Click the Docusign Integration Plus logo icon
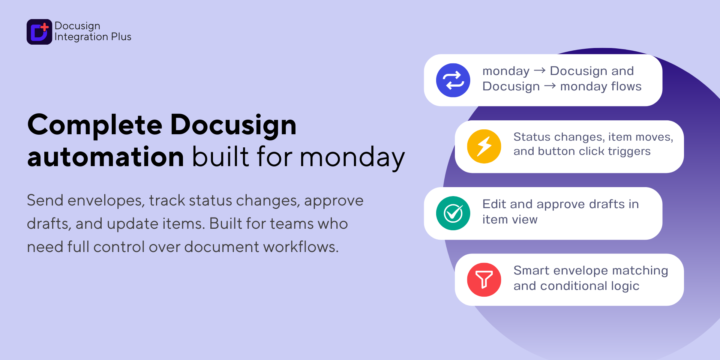pos(39,32)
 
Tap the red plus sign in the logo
pos(45,27)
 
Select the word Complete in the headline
pos(95,125)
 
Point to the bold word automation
pos(106,157)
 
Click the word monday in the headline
pos(352,158)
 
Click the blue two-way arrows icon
pos(453,80)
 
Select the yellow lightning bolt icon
pos(484,147)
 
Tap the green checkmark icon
pos(453,213)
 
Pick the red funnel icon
pos(484,280)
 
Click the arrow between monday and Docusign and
pos(540,70)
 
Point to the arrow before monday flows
pos(550,86)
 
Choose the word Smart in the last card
pos(531,270)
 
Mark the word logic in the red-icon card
pos(625,286)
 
